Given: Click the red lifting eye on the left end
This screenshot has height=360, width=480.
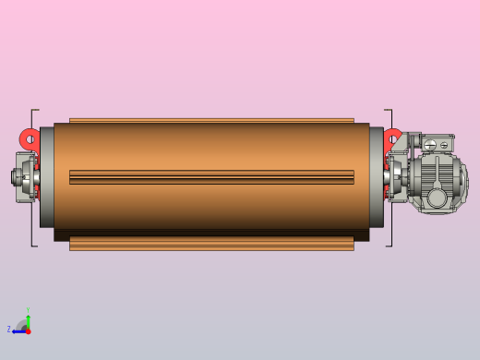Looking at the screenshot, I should click(x=30, y=138).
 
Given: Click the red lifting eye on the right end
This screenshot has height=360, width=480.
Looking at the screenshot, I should click(x=393, y=138).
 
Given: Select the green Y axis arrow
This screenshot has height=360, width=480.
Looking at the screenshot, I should click(x=28, y=320).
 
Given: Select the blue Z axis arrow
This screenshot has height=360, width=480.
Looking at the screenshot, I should click(x=18, y=330).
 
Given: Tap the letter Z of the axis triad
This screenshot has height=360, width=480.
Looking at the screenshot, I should click(x=9, y=330).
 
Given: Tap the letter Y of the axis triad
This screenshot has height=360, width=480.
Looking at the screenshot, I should click(x=28, y=311).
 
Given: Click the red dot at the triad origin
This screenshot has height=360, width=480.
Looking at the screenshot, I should click(x=28, y=330).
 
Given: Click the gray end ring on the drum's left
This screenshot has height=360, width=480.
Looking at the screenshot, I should click(x=46, y=177).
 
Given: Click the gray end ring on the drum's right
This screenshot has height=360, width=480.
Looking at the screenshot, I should click(x=377, y=177).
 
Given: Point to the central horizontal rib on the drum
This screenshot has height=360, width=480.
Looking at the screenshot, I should click(x=211, y=176).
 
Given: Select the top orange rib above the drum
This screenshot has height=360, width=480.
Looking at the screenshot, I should click(x=211, y=120).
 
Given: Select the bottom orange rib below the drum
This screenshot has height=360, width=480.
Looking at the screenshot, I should click(x=211, y=245).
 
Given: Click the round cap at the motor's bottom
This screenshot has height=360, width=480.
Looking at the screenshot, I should click(x=437, y=198).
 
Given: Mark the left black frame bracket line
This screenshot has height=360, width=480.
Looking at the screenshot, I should click(x=32, y=177).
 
